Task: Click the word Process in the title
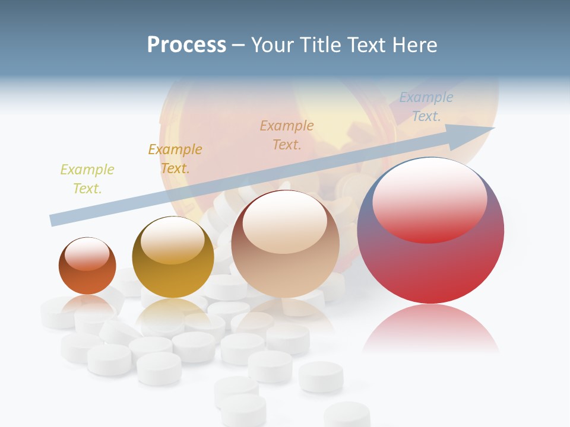[186, 45]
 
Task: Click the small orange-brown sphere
[87, 266]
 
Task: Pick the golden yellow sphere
[173, 257]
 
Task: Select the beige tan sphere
[285, 244]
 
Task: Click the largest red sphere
[430, 230]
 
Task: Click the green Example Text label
[87, 179]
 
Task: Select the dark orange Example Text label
[175, 159]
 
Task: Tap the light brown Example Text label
[287, 135]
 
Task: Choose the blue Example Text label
[426, 107]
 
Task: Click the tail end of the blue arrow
[55, 220]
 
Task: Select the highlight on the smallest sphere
[87, 254]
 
